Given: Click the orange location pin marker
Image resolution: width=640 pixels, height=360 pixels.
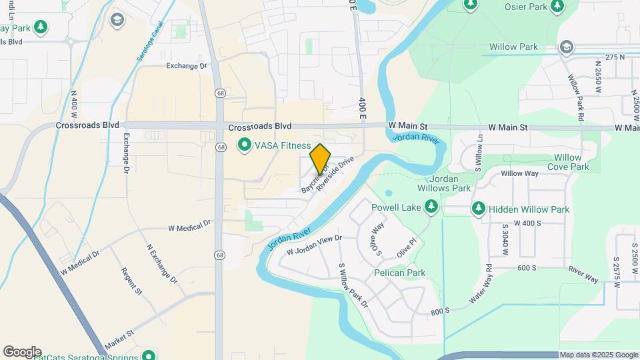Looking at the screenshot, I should tap(321, 159).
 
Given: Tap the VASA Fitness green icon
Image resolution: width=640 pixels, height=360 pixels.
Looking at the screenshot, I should tap(245, 145).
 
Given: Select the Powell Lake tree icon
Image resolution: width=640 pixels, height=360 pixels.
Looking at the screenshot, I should tap(431, 208).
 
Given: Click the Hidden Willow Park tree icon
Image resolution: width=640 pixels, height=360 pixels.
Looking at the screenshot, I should tap(478, 209).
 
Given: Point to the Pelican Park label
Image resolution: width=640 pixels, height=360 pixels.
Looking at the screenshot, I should tap(399, 273).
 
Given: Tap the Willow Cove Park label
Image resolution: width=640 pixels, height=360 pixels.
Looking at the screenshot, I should tap(568, 162).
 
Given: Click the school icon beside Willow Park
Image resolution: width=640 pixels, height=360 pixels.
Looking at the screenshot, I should tap(566, 47).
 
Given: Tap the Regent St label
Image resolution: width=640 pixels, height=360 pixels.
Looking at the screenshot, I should tap(131, 281).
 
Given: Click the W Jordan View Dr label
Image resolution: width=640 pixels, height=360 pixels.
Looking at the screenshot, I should tap(314, 245).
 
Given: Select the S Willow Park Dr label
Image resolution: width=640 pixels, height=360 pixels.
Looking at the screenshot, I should tap(353, 285).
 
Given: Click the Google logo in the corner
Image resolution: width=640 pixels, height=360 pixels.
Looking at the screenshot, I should tap(22, 351).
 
